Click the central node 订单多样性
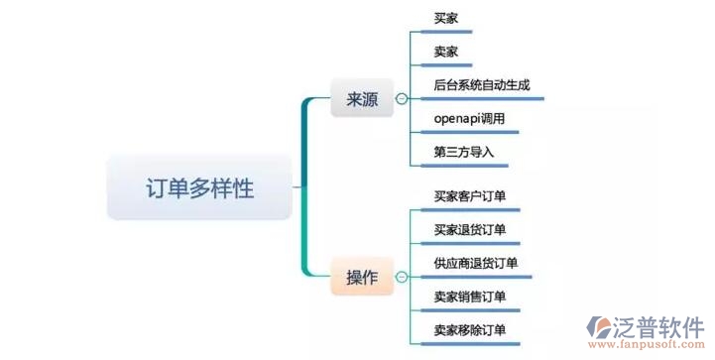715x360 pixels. [199, 186]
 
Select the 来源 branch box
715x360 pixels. [361, 99]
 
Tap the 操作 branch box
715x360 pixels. [361, 277]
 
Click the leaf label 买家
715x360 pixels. [446, 19]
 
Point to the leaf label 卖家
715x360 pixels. [446, 52]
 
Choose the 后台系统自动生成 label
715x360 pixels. [481, 85]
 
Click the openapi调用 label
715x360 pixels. [470, 119]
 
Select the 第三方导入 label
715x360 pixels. [464, 153]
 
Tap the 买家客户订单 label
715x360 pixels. [470, 196]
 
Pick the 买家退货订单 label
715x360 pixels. [470, 230]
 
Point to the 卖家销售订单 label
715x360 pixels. [470, 297]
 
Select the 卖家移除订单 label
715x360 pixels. [470, 329]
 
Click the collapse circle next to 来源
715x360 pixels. [401, 99]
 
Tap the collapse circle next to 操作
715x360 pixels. [401, 277]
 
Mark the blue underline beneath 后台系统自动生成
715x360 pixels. [486, 99]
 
